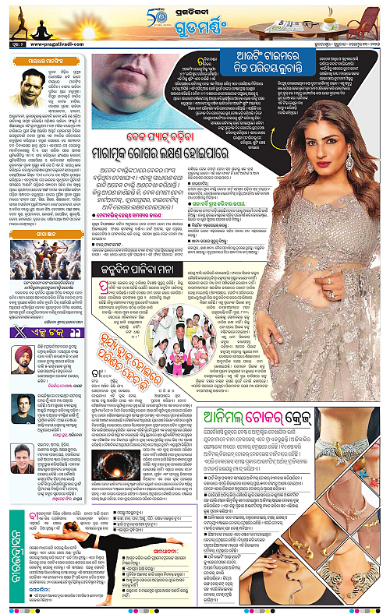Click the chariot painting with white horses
coord(45,245)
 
